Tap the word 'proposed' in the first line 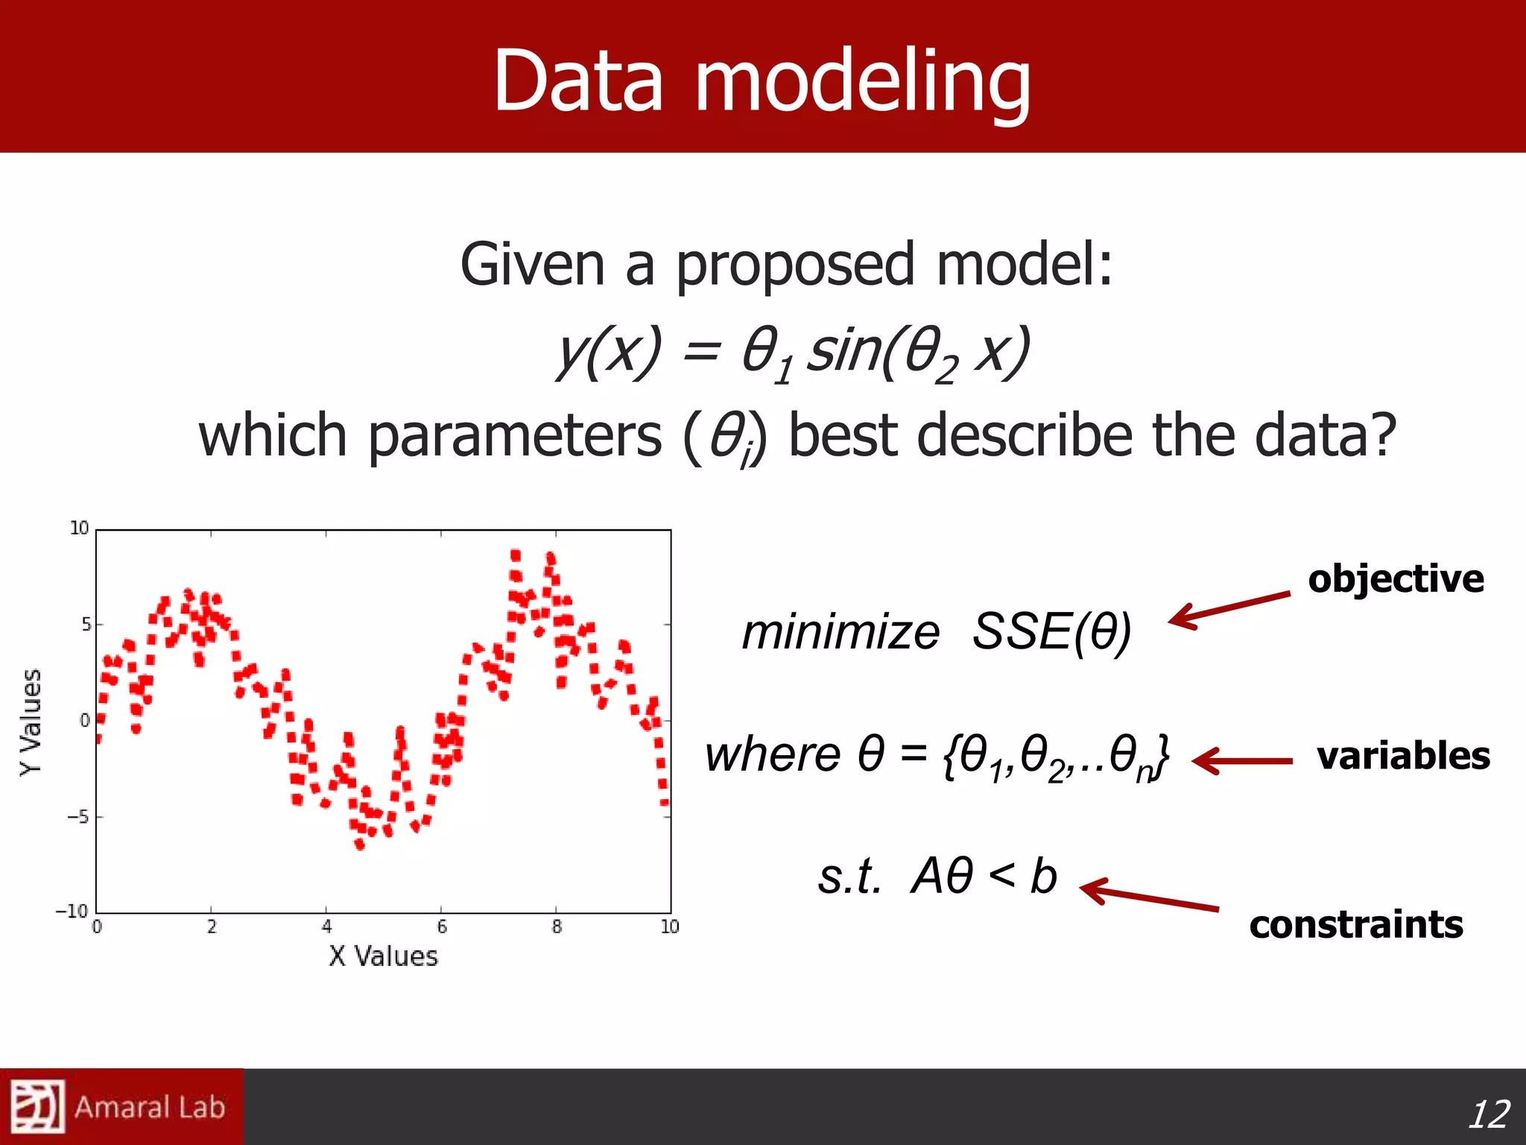click(794, 266)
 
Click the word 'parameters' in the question click(514, 437)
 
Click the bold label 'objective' click(1396, 579)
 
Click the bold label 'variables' click(1403, 755)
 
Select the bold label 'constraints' click(1356, 924)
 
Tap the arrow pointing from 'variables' click(1242, 761)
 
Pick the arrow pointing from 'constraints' click(1148, 895)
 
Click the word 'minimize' click(840, 633)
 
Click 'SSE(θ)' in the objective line click(1051, 632)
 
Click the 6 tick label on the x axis click(442, 927)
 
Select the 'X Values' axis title click(383, 956)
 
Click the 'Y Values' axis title click(31, 721)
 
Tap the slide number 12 click(1488, 1114)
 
